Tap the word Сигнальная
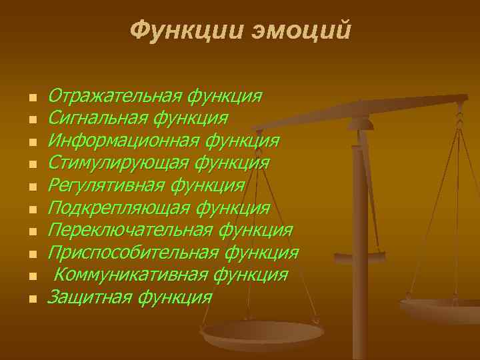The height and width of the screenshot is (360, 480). [98, 119]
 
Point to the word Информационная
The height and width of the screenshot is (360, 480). [124, 141]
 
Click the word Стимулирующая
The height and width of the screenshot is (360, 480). [119, 163]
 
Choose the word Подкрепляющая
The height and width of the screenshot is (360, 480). [119, 209]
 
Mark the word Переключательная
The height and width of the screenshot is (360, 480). [131, 231]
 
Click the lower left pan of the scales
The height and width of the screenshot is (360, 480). [263, 333]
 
